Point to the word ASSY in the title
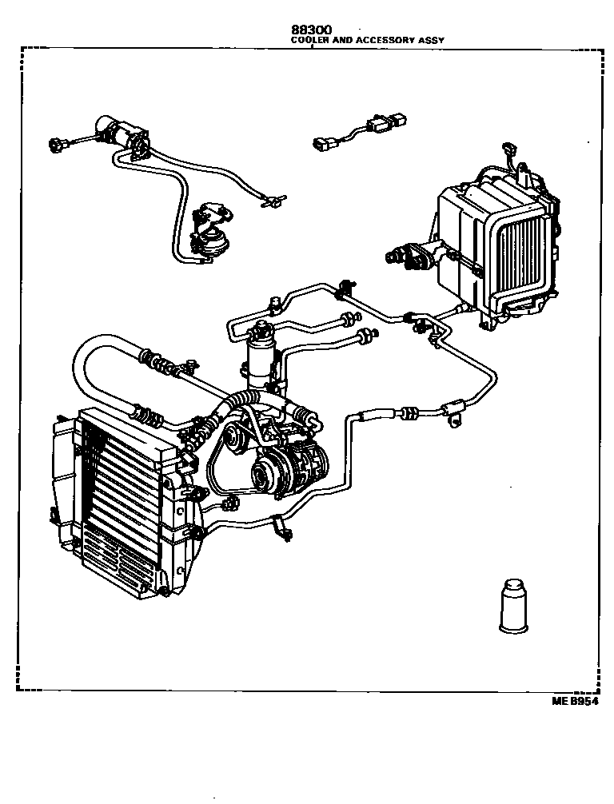pyautogui.click(x=432, y=39)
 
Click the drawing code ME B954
pyautogui.click(x=575, y=701)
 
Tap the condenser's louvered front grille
pyautogui.click(x=120, y=503)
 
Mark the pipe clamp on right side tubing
pyautogui.click(x=456, y=408)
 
